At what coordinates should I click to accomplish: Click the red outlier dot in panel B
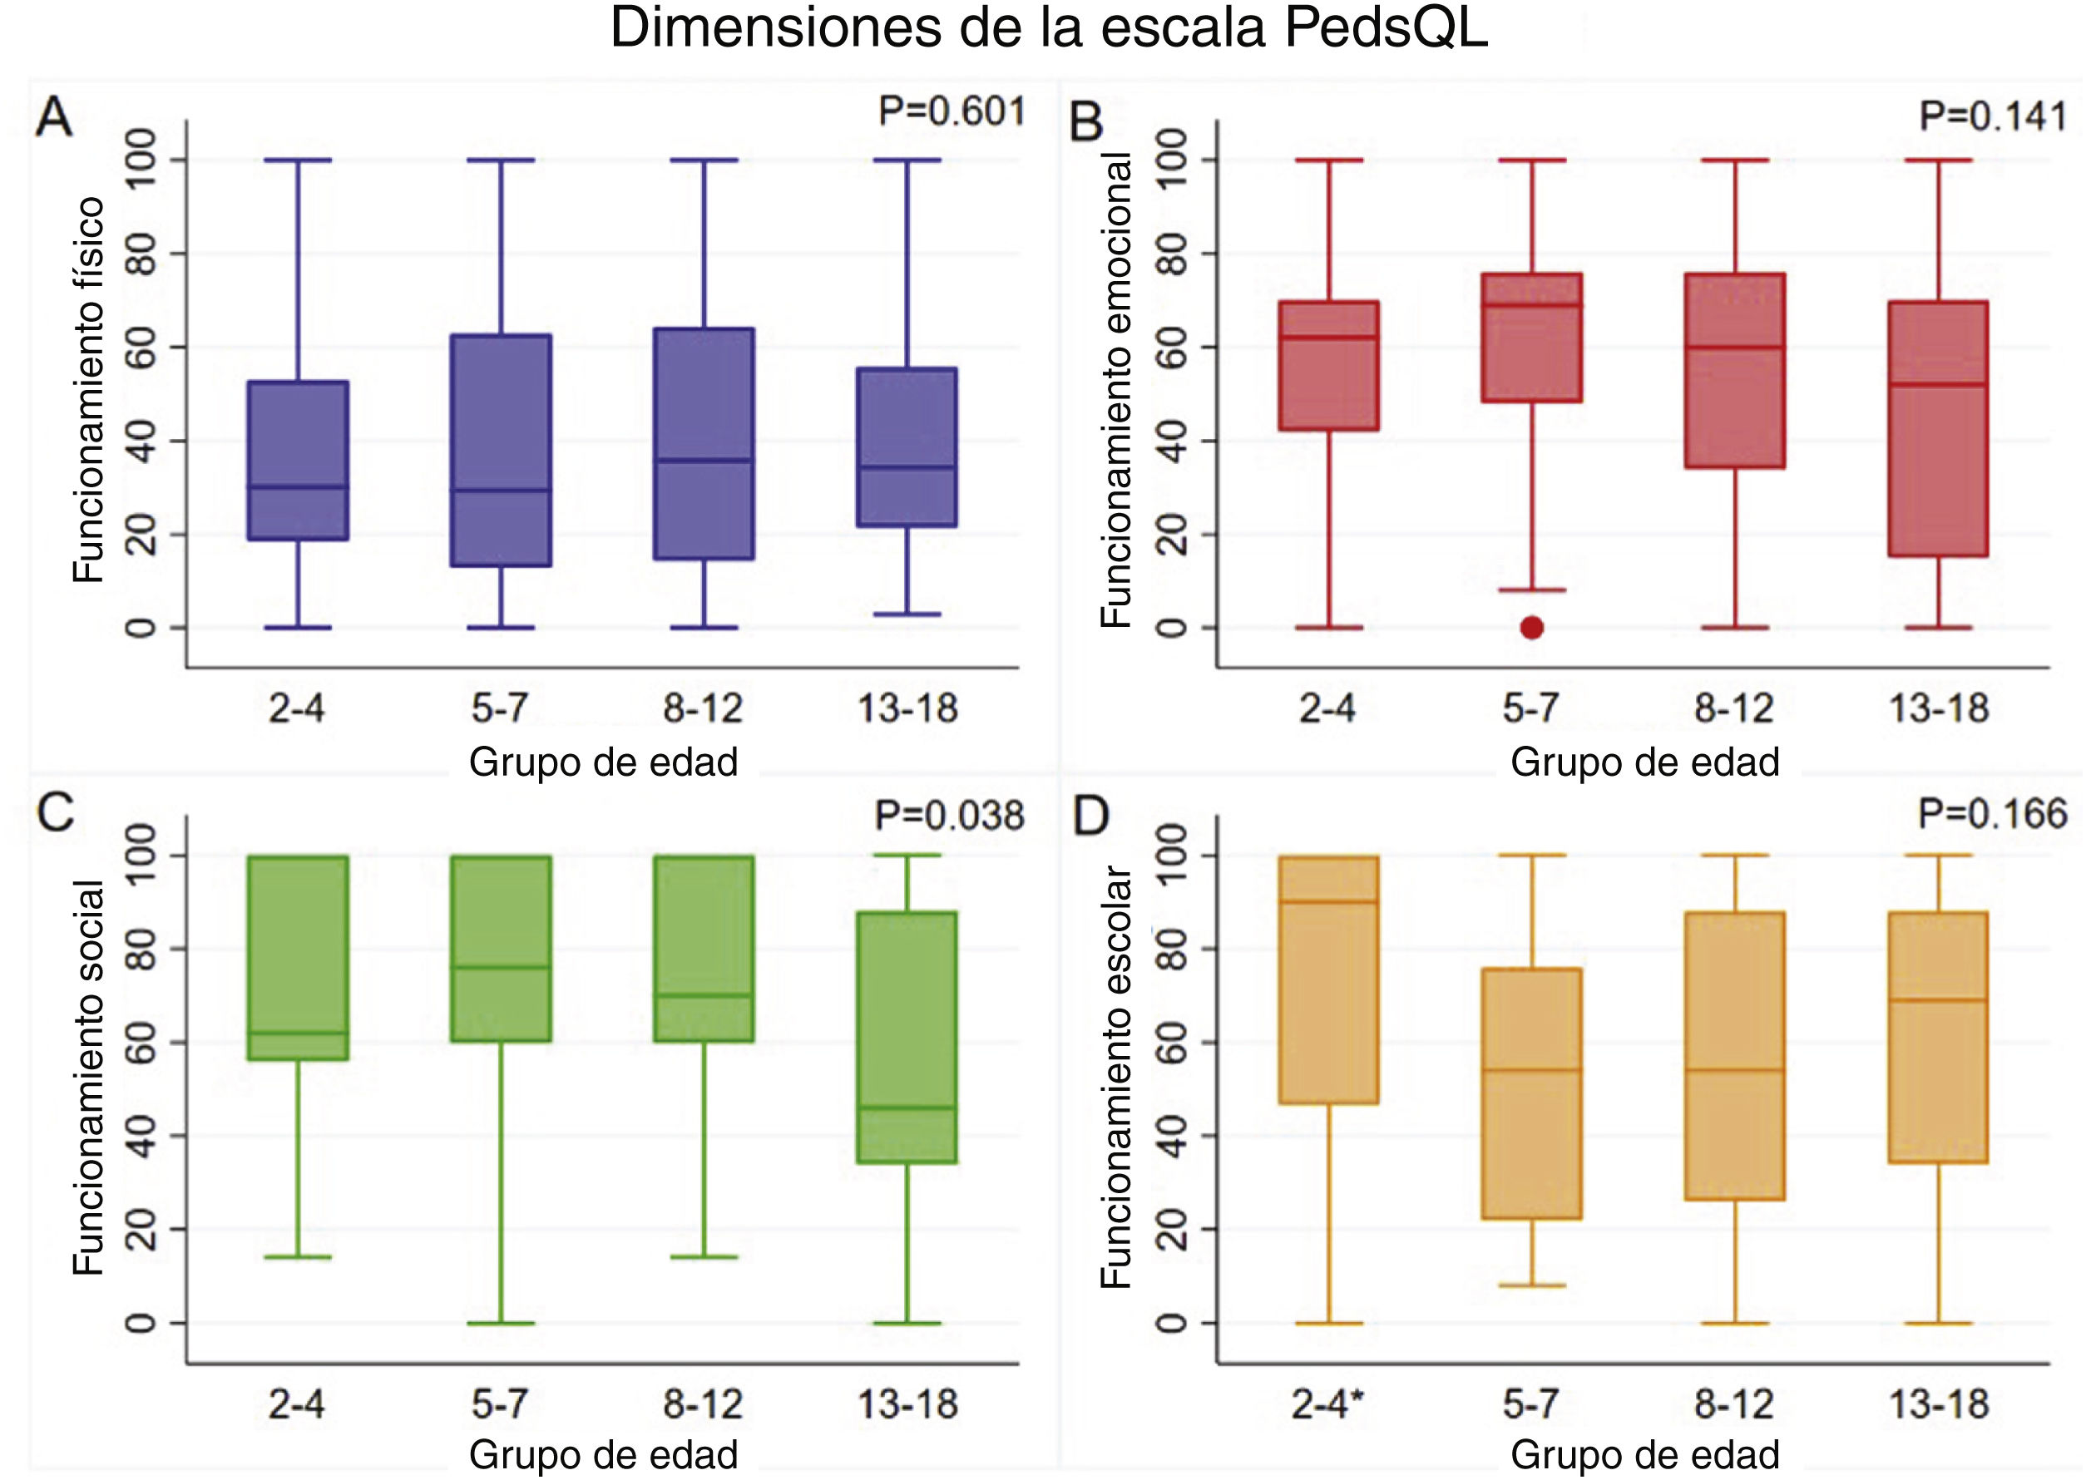1532,627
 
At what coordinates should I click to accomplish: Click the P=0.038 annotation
949,816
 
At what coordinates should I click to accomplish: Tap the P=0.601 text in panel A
951,112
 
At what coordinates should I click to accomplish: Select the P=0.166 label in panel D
1992,814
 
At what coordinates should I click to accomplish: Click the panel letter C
55,813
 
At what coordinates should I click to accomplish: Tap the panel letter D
1090,816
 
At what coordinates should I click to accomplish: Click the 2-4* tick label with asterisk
1328,1404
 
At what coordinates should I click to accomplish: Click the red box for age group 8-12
1734,370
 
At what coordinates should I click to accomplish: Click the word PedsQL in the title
1386,29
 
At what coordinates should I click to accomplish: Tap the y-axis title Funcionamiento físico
89,392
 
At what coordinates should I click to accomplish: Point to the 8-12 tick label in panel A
703,708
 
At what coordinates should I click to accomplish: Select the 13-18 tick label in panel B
1938,708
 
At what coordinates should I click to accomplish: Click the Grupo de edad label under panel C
603,1454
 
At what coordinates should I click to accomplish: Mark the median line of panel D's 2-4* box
1328,901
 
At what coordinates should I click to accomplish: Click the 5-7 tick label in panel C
500,1404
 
